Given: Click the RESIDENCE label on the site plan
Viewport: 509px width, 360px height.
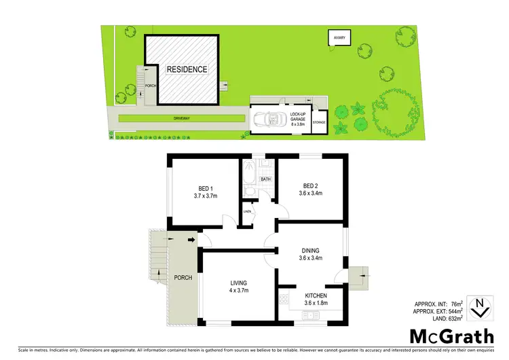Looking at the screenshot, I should point(187,69).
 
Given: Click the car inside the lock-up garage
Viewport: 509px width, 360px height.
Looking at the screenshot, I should point(270,120).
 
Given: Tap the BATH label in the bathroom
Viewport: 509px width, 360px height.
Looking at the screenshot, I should point(265,179).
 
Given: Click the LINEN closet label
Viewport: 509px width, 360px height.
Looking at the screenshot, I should point(248,212).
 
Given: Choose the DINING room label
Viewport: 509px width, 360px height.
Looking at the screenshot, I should point(311,250).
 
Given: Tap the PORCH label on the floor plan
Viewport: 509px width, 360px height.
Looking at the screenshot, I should point(183,277).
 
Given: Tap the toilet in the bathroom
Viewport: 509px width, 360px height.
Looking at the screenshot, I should point(250,193).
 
